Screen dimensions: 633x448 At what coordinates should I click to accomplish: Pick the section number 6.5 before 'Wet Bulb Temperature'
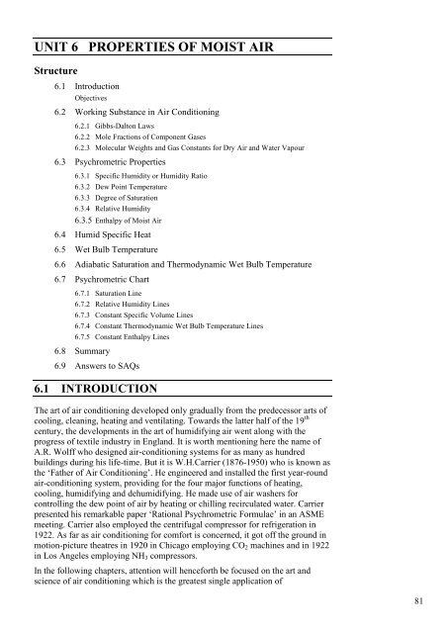pos(62,249)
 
